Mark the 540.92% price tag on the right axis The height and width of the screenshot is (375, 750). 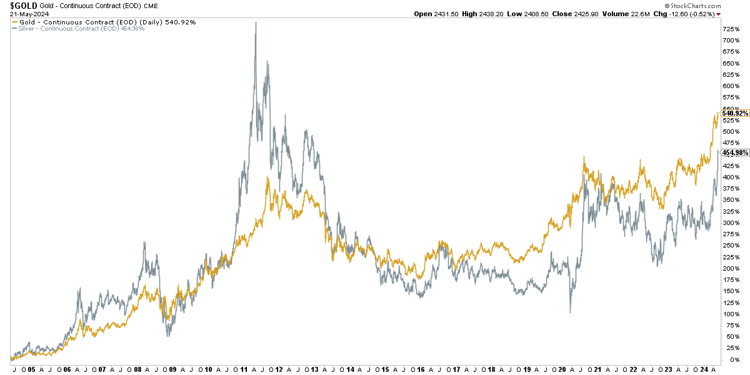[x=735, y=113]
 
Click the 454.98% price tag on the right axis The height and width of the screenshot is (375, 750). [x=735, y=152]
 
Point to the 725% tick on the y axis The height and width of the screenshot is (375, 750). [x=731, y=29]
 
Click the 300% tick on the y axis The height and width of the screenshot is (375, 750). [x=731, y=223]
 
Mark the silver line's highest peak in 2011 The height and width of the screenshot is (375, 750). [x=256, y=22]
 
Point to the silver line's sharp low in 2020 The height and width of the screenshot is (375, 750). [x=570, y=312]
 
